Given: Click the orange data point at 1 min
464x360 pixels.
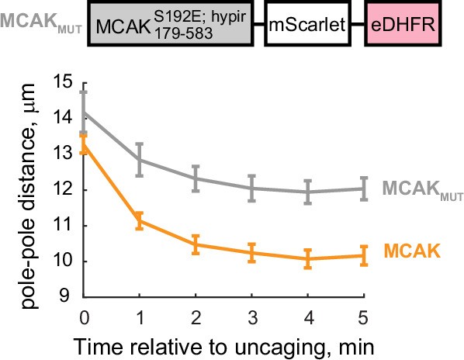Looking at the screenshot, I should click(x=139, y=220).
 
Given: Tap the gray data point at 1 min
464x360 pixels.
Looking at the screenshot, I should click(x=139, y=159).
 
